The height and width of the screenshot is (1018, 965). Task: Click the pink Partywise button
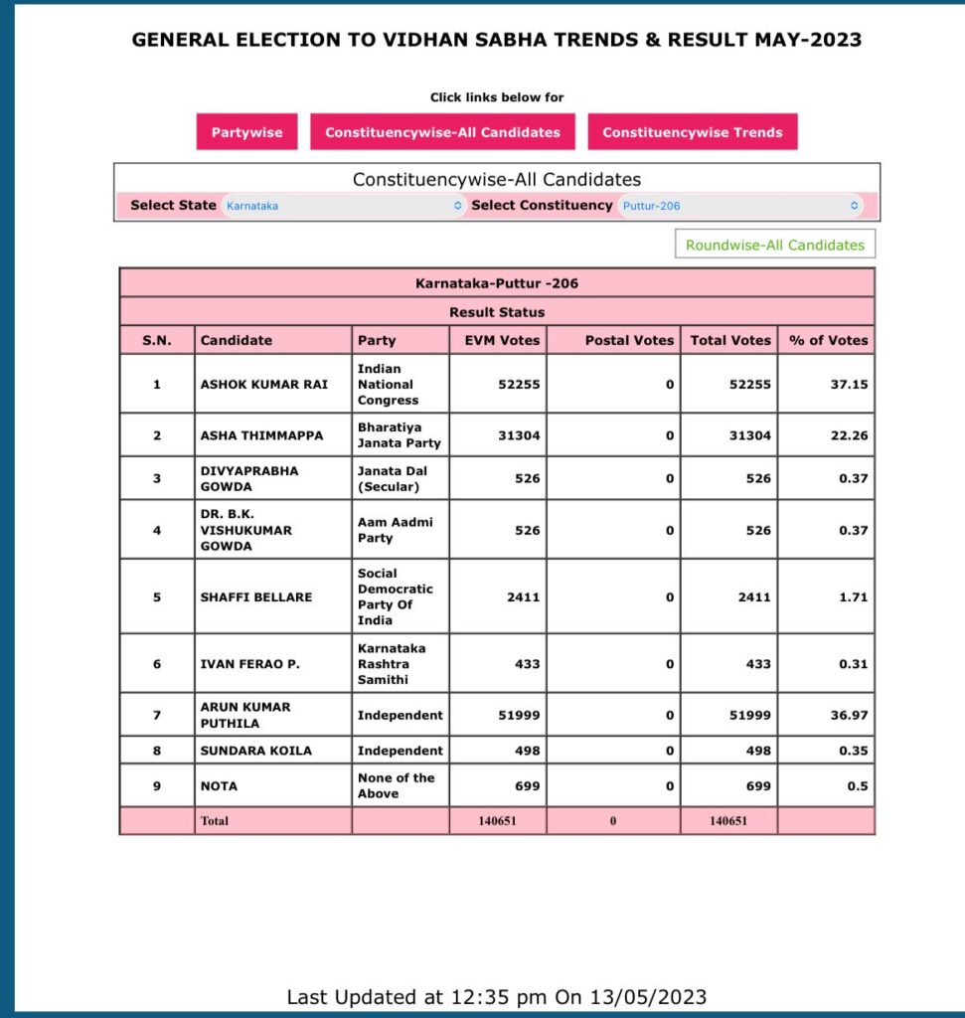246,132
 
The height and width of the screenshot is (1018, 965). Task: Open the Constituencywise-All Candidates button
442,132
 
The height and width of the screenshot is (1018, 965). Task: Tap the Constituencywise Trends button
692,132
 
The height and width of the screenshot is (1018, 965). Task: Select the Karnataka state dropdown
343,206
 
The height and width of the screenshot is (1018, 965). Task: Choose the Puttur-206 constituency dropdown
739,206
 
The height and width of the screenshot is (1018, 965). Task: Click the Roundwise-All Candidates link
775,245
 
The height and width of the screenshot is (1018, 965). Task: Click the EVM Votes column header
502,340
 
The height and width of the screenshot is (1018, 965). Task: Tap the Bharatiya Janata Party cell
399,434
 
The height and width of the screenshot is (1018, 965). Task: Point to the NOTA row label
219,786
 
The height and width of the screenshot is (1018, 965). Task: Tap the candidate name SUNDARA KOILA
255,751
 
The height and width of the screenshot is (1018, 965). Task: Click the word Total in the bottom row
215,821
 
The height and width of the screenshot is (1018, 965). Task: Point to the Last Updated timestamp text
496,996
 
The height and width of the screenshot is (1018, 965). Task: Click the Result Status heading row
497,311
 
